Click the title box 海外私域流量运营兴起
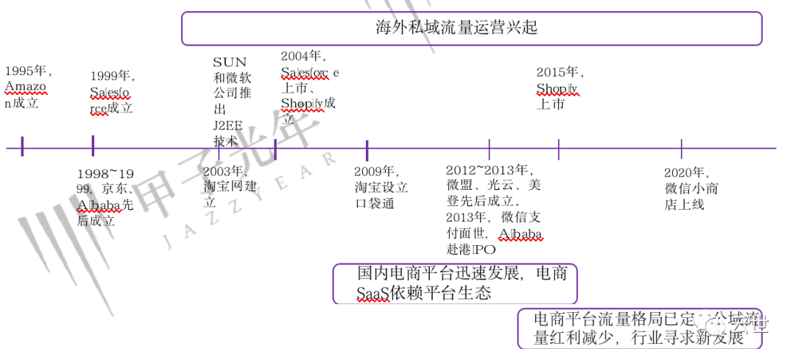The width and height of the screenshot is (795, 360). [x=471, y=29]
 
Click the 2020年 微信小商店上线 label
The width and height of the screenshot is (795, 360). [x=690, y=188]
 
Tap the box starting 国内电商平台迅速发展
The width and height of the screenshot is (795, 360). [x=454, y=283]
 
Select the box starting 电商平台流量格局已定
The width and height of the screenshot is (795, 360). [x=638, y=328]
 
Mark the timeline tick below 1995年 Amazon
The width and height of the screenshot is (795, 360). [x=23, y=147]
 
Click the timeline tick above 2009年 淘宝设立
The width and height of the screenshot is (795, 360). [x=367, y=150]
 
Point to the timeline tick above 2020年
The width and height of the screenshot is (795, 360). [x=682, y=149]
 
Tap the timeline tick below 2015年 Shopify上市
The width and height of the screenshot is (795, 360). [x=559, y=149]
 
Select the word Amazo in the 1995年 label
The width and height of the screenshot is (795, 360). [x=25, y=87]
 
